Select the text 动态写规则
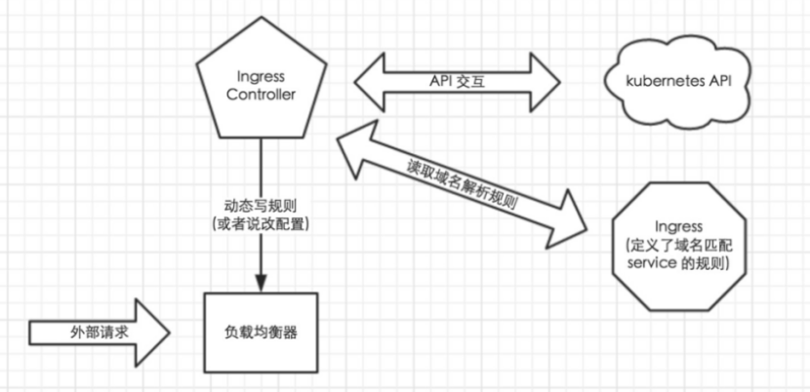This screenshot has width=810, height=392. (260, 207)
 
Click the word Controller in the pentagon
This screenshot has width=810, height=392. (260, 94)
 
